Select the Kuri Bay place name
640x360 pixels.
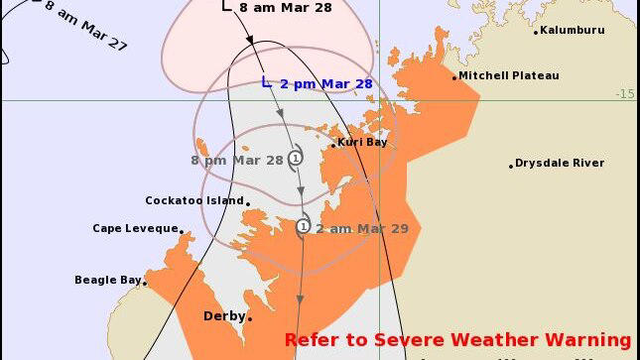[362, 143]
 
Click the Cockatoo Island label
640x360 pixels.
[194, 200]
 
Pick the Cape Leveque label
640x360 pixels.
[135, 228]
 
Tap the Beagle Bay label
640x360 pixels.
[108, 280]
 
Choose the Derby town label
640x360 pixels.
[223, 316]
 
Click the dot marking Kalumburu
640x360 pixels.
[537, 32]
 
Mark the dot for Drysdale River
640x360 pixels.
[512, 165]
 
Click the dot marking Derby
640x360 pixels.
[250, 318]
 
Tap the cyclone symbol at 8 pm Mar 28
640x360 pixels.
[296, 159]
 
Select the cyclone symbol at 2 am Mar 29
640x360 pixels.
[303, 227]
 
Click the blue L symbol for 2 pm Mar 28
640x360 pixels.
[265, 82]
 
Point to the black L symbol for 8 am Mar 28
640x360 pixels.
[226, 6]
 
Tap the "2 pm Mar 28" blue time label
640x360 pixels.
[326, 84]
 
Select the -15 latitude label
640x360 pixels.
[624, 94]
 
